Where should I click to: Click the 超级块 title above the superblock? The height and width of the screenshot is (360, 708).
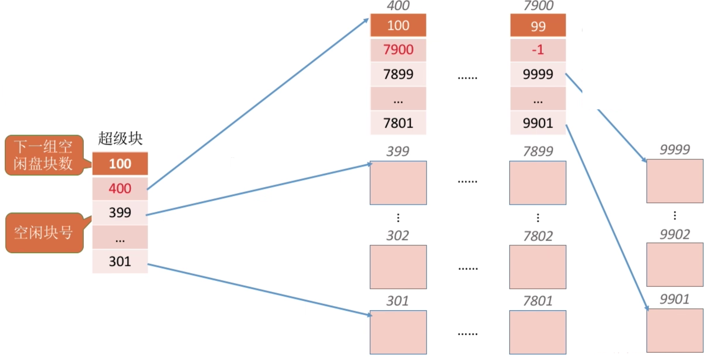click(x=120, y=139)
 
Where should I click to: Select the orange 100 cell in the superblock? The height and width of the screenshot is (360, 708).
click(x=120, y=164)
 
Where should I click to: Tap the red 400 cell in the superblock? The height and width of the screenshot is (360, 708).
click(x=120, y=188)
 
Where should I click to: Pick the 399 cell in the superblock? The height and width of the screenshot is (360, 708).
click(x=120, y=213)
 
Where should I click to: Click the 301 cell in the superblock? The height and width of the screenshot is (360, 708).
click(x=120, y=261)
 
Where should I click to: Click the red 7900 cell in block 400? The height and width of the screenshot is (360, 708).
click(x=398, y=50)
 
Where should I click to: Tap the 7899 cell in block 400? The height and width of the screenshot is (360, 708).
click(x=398, y=74)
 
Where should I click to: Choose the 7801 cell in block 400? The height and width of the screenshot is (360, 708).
click(x=398, y=123)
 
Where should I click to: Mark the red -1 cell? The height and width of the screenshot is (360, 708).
click(x=538, y=50)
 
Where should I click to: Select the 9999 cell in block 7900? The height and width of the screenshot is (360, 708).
click(x=538, y=74)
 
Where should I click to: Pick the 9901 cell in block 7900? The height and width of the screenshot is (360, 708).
click(x=538, y=123)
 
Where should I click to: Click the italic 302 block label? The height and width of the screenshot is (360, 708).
click(x=398, y=236)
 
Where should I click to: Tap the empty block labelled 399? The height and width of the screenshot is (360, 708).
click(x=398, y=183)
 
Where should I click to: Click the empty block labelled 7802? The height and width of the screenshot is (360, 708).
click(x=538, y=267)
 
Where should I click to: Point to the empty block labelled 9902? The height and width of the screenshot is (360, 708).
click(x=675, y=265)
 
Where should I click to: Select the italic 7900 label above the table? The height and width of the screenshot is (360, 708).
click(x=538, y=6)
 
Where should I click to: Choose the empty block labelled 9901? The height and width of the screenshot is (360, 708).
click(x=675, y=330)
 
